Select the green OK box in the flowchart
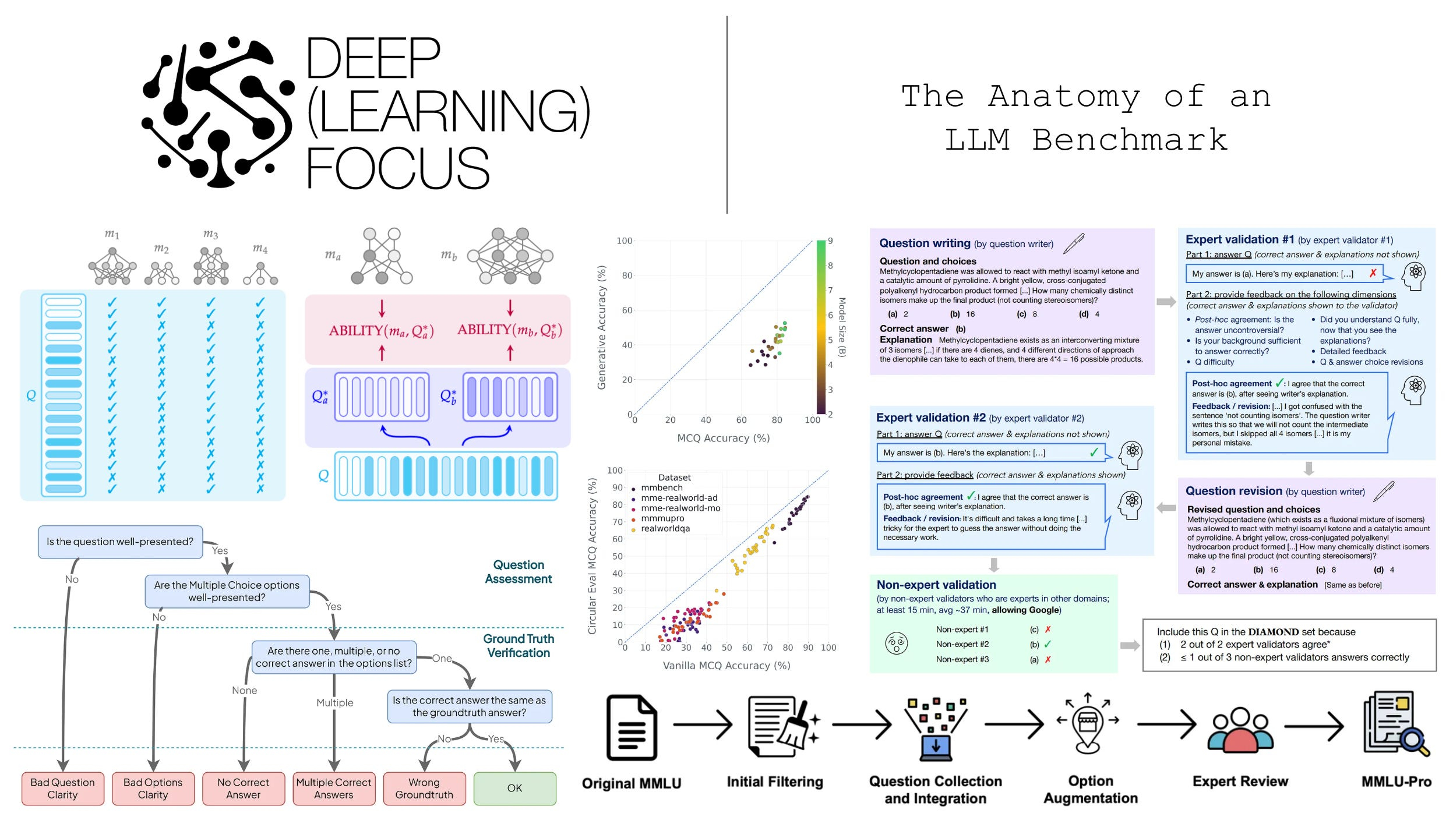pyautogui.click(x=514, y=788)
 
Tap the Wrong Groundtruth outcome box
pyautogui.click(x=424, y=788)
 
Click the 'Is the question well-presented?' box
pyautogui.click(x=120, y=542)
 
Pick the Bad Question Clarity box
pyautogui.click(x=62, y=788)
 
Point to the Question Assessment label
pyautogui.click(x=518, y=571)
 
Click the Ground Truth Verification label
pyautogui.click(x=518, y=645)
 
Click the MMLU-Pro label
pyautogui.click(x=1396, y=782)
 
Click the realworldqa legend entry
pyautogui.click(x=665, y=529)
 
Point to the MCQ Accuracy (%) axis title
pyautogui.click(x=723, y=438)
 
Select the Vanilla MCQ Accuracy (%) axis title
pyautogui.click(x=726, y=665)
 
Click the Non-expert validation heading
pyautogui.click(x=936, y=585)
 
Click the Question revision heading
pyautogui.click(x=1233, y=491)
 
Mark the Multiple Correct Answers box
pyautogui.click(x=334, y=788)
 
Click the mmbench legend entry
pyautogui.click(x=661, y=488)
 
